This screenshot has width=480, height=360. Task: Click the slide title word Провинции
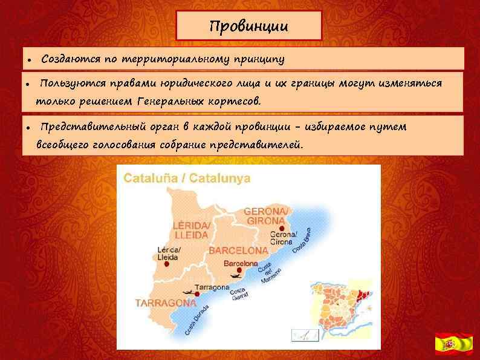[248, 27]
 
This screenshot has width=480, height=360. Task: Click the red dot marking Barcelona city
[239, 270]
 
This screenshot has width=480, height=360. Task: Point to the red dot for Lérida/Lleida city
[167, 264]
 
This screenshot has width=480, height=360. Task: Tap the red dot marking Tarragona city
[196, 294]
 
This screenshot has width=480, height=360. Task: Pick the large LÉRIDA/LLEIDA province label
[192, 230]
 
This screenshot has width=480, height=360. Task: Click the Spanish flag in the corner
[453, 344]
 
